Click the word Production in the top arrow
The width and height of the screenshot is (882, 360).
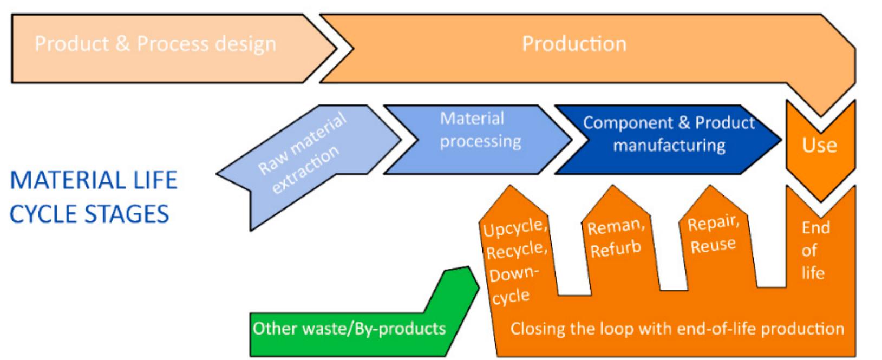coord(574,44)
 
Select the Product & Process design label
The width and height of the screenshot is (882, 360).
coord(155,44)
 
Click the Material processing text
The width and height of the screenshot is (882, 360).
coord(480,130)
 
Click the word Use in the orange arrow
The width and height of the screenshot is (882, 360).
coord(819,145)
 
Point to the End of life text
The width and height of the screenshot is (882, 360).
coord(815,250)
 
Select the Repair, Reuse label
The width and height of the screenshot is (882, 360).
coord(713,234)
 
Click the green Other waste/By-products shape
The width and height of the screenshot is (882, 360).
coord(349,328)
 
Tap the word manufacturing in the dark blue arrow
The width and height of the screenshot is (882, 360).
coord(669,145)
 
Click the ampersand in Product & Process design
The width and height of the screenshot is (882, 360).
coord(122,44)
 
